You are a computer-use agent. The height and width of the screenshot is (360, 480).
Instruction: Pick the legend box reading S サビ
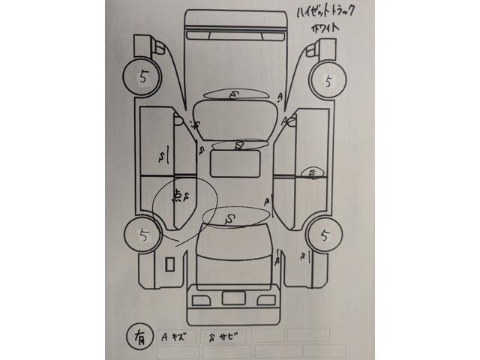click(x=223, y=335)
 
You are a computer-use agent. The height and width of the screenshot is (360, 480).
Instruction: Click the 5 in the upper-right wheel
click(x=328, y=79)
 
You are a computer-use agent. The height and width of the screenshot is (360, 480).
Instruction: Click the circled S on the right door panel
click(x=310, y=174)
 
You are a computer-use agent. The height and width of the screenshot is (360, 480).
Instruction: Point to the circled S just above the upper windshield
click(x=234, y=94)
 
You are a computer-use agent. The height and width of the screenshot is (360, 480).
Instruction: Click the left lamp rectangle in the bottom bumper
click(x=199, y=300)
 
